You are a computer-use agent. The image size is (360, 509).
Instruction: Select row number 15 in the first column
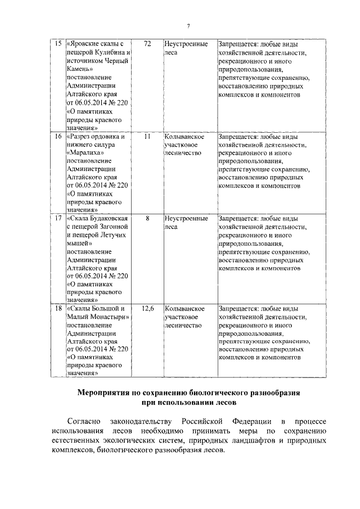tap(57, 43)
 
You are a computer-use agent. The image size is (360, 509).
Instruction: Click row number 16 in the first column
tap(57, 136)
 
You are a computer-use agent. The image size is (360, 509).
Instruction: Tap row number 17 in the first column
tap(57, 218)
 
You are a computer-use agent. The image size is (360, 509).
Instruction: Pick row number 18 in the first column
tap(57, 308)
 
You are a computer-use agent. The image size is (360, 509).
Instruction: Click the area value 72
tap(147, 43)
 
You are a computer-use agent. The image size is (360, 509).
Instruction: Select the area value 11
tap(147, 136)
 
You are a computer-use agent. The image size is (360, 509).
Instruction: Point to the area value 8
tap(147, 218)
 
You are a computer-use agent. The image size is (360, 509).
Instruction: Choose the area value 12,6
tap(147, 308)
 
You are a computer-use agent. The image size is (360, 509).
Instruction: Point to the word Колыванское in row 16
tap(183, 136)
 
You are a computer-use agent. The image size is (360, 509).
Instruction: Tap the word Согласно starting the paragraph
tap(83, 421)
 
